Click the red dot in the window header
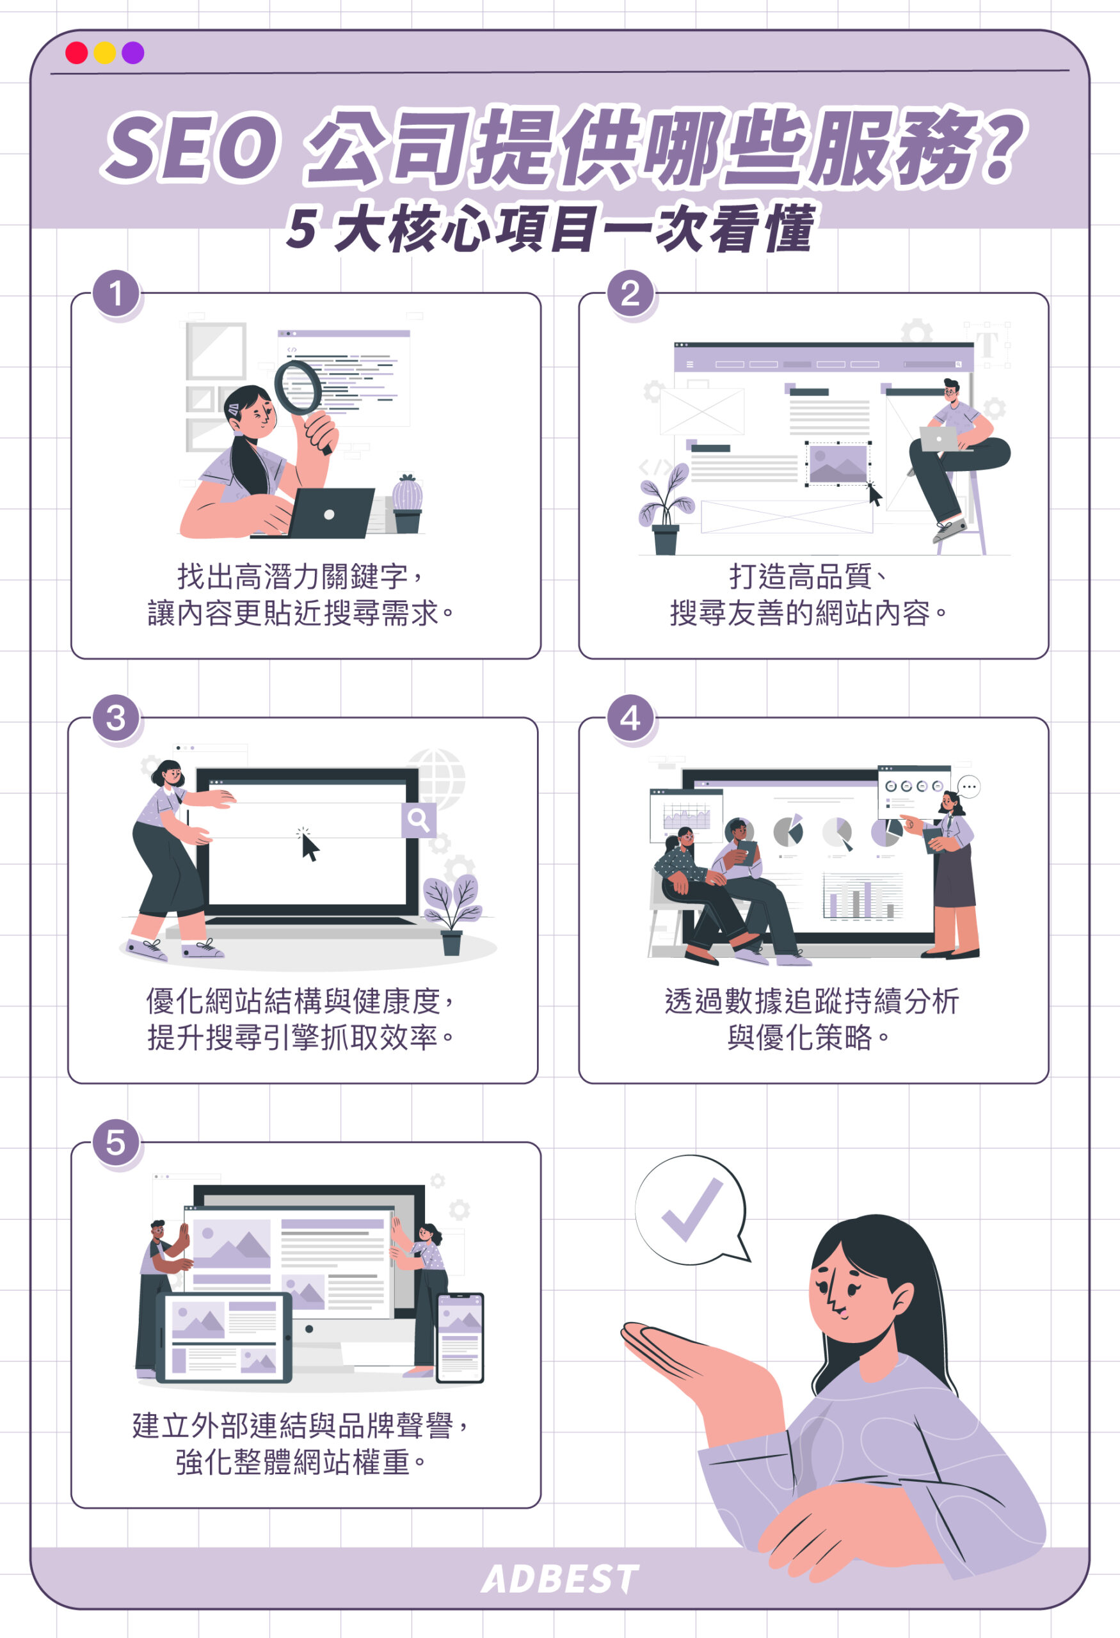click(x=76, y=53)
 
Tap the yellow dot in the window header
click(x=105, y=53)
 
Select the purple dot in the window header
click(x=133, y=53)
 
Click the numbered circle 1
click(x=116, y=294)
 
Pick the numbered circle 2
click(x=631, y=294)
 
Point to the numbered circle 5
click(x=116, y=1143)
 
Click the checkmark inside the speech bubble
click(x=691, y=1209)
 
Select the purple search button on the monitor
click(x=419, y=820)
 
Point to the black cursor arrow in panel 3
click(x=309, y=847)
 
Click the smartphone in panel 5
click(x=460, y=1338)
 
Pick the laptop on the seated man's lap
click(x=939, y=439)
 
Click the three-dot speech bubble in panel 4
click(x=969, y=786)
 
